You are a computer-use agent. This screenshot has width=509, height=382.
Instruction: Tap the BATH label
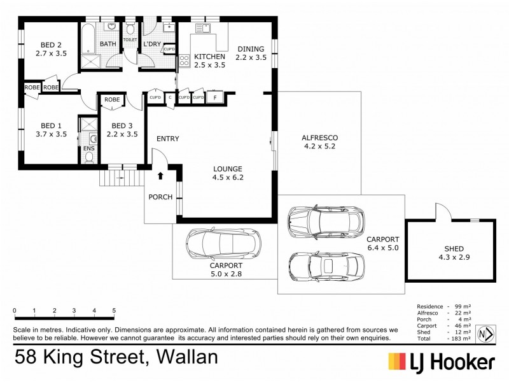click(108, 44)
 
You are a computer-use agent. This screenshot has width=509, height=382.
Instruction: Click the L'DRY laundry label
click(152, 44)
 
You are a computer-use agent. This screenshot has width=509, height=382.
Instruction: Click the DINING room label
click(251, 49)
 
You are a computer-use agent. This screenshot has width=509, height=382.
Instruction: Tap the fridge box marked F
click(214, 97)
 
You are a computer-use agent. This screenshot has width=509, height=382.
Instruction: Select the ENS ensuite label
click(88, 149)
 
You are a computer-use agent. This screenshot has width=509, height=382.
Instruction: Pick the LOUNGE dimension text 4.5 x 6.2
click(228, 178)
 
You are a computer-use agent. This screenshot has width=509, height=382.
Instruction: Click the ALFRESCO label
click(319, 138)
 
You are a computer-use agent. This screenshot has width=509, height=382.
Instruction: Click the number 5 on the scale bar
click(114, 311)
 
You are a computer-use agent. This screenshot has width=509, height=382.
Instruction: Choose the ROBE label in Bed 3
click(112, 99)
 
